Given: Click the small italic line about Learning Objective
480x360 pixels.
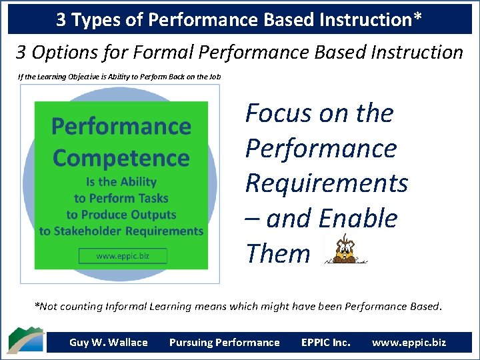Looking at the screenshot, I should click(x=119, y=77).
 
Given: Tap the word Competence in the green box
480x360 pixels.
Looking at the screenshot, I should click(x=121, y=158).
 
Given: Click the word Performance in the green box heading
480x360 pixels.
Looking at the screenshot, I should click(x=121, y=127).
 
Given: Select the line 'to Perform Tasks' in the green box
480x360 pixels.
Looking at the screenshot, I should click(x=121, y=198).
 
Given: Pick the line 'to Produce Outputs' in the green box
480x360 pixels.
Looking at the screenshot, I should click(x=121, y=215).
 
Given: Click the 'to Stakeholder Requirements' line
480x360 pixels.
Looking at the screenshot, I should click(x=121, y=231).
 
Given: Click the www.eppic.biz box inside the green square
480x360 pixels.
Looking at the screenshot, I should click(x=123, y=256).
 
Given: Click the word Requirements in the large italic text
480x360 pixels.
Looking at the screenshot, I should click(x=327, y=183).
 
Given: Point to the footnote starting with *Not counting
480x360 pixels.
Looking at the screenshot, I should click(x=238, y=307).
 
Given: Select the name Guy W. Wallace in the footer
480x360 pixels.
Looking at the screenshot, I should click(x=108, y=343).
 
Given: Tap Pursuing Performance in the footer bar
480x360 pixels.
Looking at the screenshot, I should click(x=224, y=343).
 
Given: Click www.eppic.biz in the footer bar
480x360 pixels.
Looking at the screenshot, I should click(x=409, y=343).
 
